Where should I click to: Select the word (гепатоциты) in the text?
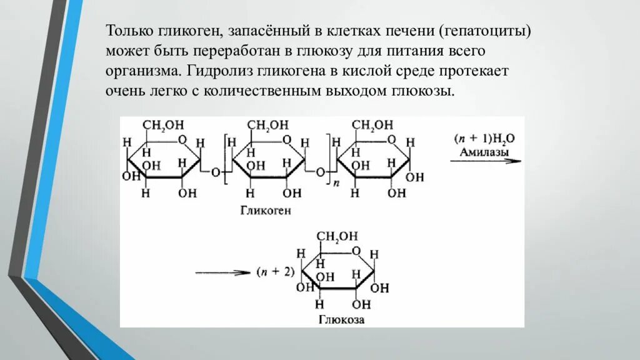484,31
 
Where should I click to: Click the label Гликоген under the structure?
266,211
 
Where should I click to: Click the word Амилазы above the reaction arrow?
484,152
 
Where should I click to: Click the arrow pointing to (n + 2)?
221,272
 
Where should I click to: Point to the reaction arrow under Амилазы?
486,161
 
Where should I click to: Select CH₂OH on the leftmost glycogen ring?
163,126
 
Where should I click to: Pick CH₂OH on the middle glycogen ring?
268,126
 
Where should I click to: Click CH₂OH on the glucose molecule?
337,236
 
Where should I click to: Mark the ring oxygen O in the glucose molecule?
356,251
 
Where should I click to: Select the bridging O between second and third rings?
319,172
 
